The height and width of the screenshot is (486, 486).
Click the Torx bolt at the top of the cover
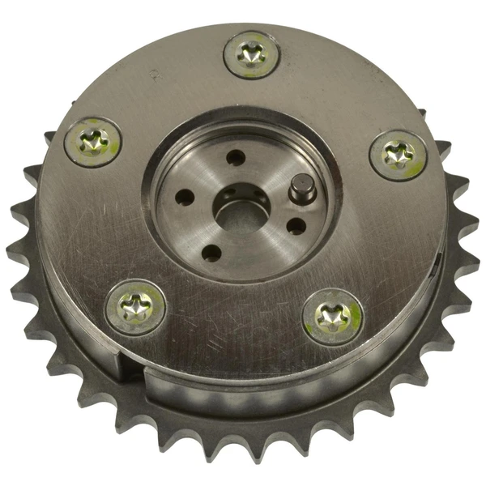pos(251,56)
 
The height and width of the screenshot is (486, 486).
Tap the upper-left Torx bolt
pos(92,143)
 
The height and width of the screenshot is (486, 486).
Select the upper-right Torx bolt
pos(398,154)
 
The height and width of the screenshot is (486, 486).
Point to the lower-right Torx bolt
pos(333,316)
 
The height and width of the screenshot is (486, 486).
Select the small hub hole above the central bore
pos(235,157)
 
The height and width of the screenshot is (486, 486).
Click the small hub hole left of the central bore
pos(185,197)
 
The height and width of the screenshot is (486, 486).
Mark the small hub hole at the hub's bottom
pos(211,253)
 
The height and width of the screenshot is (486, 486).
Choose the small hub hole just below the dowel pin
pos(296,226)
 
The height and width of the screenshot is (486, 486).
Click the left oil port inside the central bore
pos(229,194)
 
